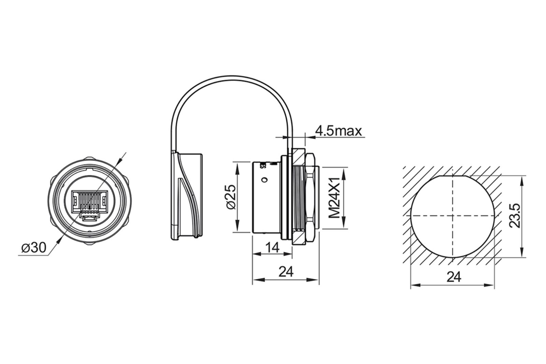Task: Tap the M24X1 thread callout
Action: click(334, 198)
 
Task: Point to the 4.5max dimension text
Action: click(338, 131)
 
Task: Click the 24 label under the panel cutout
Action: click(454, 277)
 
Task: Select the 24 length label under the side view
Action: click(286, 271)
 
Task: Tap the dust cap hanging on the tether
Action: click(186, 196)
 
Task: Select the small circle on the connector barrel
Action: click(264, 180)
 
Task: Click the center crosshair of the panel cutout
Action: click(453, 216)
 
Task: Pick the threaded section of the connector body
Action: click(299, 198)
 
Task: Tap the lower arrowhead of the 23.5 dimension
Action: click(522, 251)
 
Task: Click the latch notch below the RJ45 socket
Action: click(89, 218)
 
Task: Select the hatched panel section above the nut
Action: click(299, 157)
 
